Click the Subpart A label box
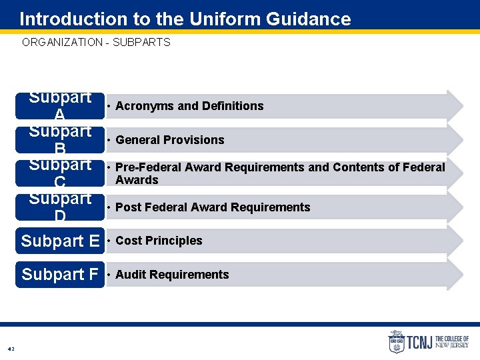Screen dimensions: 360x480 (60, 106)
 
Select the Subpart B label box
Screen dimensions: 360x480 (60, 140)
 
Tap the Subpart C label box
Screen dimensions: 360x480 (60, 173)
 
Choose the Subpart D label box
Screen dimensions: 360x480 (60, 207)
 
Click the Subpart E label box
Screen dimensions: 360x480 (60, 241)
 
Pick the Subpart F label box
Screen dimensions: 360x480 (60, 275)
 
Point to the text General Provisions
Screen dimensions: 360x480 (169, 140)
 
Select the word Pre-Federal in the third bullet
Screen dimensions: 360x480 (145, 167)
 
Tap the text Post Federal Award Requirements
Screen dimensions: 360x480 (213, 207)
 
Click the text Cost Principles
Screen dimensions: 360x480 (159, 241)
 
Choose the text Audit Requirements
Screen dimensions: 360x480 (172, 275)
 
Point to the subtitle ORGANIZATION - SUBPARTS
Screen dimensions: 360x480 (96, 42)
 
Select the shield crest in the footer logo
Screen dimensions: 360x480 (397, 342)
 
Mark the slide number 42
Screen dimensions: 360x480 (11, 349)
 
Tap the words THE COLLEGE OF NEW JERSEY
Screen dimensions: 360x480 (451, 343)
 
